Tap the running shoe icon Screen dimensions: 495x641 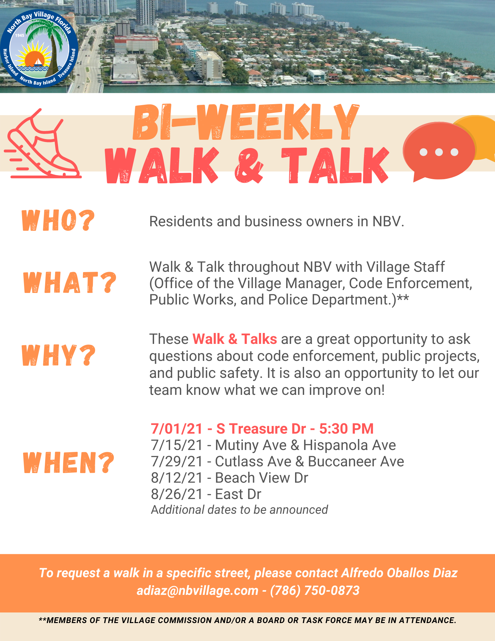43,144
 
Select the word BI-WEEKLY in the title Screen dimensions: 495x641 246,122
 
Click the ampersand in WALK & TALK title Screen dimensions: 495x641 249,165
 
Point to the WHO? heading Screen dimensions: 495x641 58,221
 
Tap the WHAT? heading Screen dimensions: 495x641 70,282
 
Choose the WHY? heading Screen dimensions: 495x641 59,355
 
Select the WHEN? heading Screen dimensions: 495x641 69,462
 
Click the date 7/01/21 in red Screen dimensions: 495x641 177,429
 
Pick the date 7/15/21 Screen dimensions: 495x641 177,445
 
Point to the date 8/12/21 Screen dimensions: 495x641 177,478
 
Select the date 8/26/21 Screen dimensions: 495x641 177,494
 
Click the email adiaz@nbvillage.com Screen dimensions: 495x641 197,590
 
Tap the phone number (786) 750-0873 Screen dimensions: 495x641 315,590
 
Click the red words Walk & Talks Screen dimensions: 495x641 235,339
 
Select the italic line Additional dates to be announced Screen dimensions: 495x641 239,510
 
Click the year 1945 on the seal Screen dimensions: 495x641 20,35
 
